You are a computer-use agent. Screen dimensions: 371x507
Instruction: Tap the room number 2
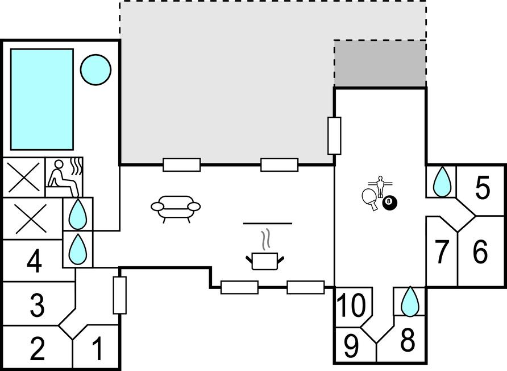click(37, 348)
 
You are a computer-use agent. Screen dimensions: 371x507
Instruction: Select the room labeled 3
click(37, 305)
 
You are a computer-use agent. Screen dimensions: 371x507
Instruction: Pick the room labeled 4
click(35, 262)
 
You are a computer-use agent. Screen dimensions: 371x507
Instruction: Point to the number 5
click(482, 188)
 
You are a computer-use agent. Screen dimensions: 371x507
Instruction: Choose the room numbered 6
click(480, 252)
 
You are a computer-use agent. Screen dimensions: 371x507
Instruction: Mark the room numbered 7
click(442, 253)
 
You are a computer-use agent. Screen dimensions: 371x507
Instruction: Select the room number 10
click(352, 306)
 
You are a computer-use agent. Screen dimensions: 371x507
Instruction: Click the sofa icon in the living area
click(176, 208)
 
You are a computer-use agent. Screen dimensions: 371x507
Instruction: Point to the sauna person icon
click(63, 176)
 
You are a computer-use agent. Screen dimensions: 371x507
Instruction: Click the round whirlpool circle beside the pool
click(95, 69)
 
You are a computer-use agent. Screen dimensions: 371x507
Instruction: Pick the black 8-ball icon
click(389, 201)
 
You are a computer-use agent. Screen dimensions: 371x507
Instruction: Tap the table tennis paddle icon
click(370, 199)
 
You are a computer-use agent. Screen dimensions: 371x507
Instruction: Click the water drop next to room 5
click(442, 182)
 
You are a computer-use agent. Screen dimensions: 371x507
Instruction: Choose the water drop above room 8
click(409, 302)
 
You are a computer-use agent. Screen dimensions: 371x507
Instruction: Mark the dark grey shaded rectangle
click(380, 64)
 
